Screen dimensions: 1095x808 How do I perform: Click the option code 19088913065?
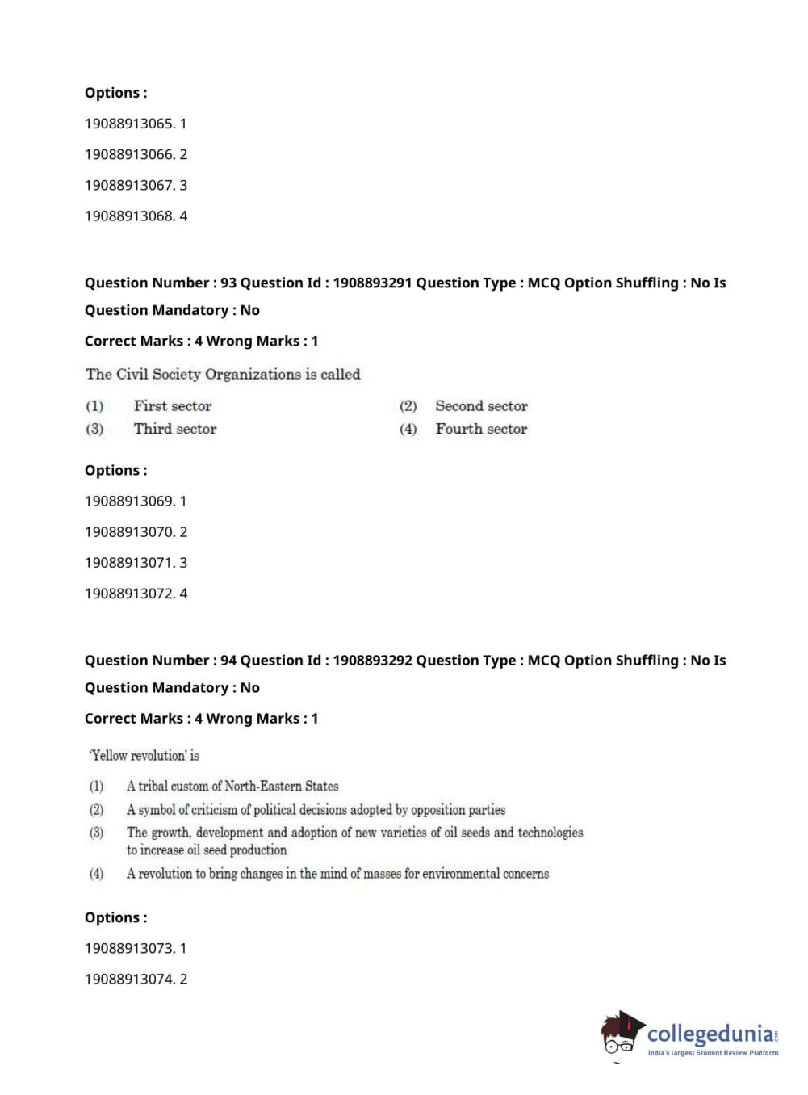tap(129, 124)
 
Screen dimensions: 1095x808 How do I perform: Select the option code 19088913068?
tap(129, 216)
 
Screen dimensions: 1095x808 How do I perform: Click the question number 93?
tap(228, 283)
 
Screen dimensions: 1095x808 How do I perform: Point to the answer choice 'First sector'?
tap(173, 406)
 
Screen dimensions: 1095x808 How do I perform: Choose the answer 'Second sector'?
tap(481, 406)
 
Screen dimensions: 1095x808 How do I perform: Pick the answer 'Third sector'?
tap(175, 429)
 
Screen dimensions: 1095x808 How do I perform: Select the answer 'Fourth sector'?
tap(481, 429)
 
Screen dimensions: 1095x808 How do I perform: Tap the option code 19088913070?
tap(129, 531)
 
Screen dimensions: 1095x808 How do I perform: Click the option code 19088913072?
tap(129, 593)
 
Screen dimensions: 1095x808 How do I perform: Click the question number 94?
tap(228, 660)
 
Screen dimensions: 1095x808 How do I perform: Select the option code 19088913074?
tap(129, 979)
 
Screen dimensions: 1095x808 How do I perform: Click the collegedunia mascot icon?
tap(621, 1034)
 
